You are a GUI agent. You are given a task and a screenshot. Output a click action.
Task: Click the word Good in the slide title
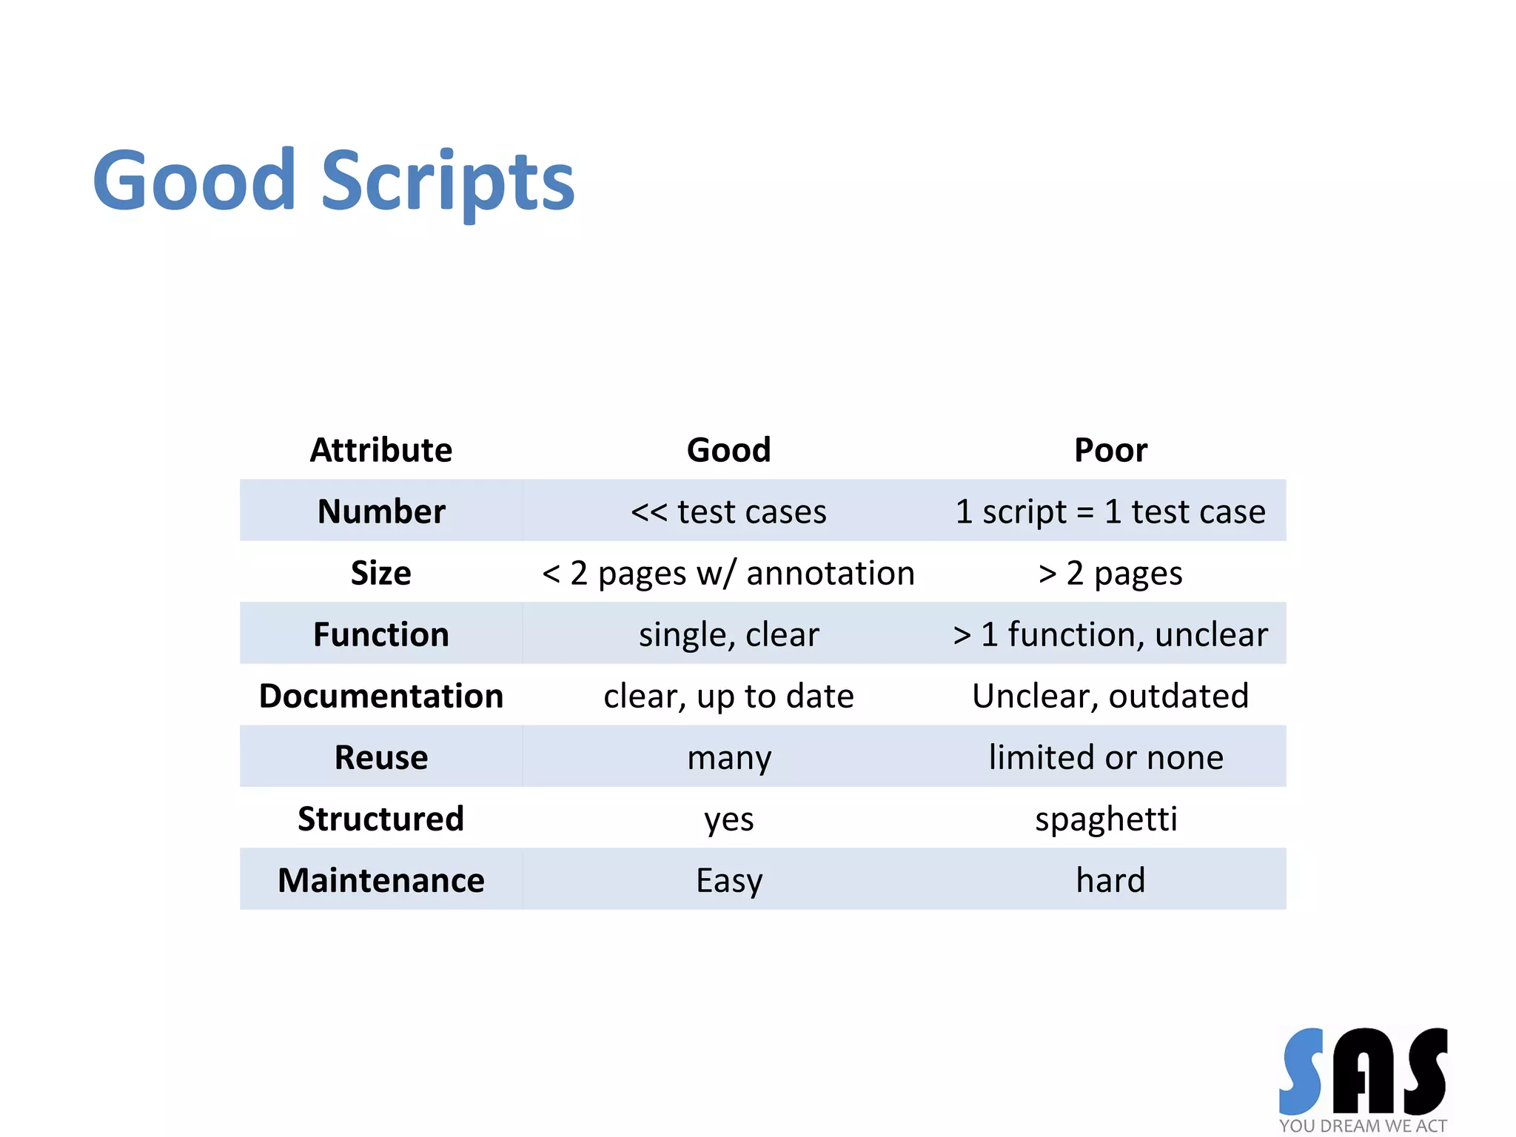point(194,181)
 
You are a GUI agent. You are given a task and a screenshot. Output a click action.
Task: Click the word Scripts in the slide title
point(447,182)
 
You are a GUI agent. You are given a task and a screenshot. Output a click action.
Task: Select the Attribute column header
point(380,450)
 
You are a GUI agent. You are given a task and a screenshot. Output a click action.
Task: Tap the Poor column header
point(1110,450)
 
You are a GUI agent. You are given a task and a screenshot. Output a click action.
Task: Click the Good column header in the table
point(728,450)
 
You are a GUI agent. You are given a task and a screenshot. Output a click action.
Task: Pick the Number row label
point(380,512)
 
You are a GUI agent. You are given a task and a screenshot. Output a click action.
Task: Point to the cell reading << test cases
point(728,512)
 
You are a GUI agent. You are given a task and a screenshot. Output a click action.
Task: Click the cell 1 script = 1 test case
point(1110,512)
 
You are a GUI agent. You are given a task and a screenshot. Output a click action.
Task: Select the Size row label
point(380,573)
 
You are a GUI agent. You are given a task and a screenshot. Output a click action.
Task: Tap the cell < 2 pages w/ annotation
point(728,573)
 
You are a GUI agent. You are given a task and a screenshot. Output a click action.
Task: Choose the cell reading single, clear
point(728,634)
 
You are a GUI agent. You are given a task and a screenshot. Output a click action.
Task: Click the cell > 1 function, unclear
point(1110,634)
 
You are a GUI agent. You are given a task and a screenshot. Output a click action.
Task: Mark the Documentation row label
point(380,696)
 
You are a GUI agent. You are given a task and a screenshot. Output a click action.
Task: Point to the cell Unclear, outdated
point(1110,696)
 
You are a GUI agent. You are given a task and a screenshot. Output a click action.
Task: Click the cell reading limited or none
point(1106,757)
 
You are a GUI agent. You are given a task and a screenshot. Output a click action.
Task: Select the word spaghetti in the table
point(1106,819)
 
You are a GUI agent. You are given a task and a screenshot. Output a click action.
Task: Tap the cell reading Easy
point(728,880)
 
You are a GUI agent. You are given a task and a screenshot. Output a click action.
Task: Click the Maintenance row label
point(380,880)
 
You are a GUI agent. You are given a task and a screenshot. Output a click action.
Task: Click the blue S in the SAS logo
point(1301,1071)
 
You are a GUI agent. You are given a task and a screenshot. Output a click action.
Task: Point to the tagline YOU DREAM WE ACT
point(1362,1126)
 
